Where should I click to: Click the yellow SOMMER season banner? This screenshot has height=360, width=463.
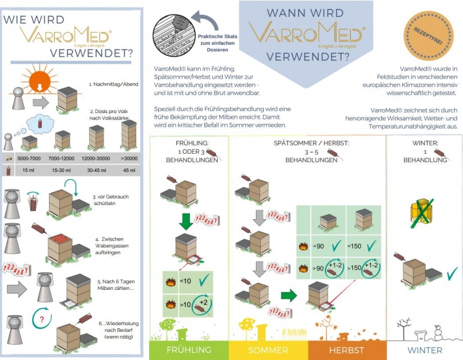268,350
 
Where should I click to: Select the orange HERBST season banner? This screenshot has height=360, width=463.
346,350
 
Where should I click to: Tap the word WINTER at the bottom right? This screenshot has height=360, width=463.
425,350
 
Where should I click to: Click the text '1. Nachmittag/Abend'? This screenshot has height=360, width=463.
114,84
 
